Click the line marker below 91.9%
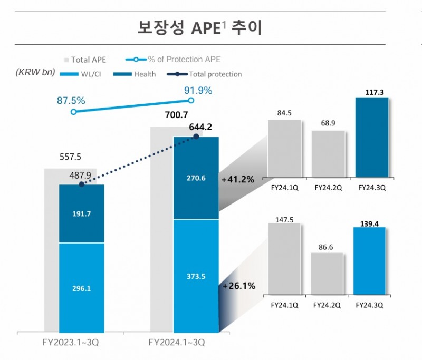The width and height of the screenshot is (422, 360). click(x=191, y=100)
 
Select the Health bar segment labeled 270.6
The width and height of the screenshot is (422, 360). click(x=196, y=178)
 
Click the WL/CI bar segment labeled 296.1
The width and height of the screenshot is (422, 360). click(x=81, y=288)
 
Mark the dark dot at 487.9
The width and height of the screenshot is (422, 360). click(x=81, y=184)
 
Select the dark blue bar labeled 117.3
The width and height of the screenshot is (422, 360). click(x=373, y=139)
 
